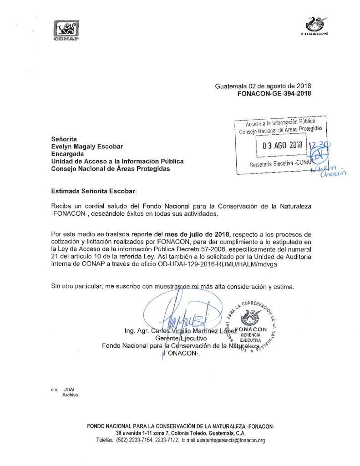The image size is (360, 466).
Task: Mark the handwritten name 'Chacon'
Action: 333,173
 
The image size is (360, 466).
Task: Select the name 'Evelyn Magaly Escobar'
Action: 87,146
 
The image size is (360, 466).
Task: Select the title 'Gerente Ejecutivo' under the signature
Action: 182,338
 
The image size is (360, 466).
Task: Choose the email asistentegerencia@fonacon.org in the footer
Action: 230,441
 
